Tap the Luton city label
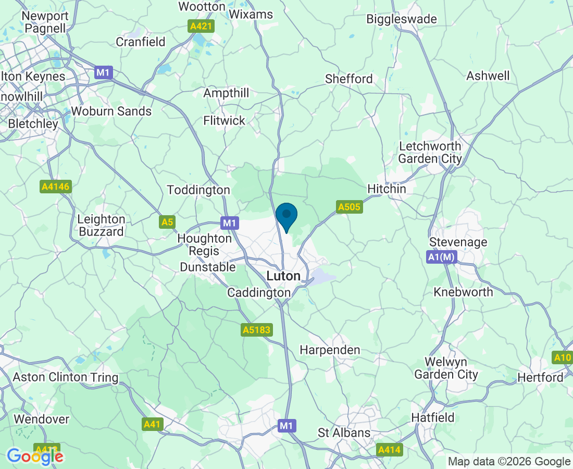click(x=283, y=276)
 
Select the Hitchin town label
click(x=387, y=189)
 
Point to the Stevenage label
click(x=458, y=242)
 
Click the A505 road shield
click(x=349, y=207)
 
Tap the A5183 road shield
click(x=257, y=330)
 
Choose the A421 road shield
click(x=201, y=26)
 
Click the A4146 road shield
click(x=55, y=187)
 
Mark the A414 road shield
click(x=389, y=449)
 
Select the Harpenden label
click(x=330, y=350)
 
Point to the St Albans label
click(x=344, y=433)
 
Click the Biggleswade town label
click(x=402, y=19)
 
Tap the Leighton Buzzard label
click(x=101, y=226)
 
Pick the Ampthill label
click(x=226, y=93)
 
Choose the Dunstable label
click(x=207, y=267)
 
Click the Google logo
click(x=35, y=456)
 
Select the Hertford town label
click(x=541, y=377)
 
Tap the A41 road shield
click(x=152, y=424)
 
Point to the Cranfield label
click(x=141, y=42)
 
